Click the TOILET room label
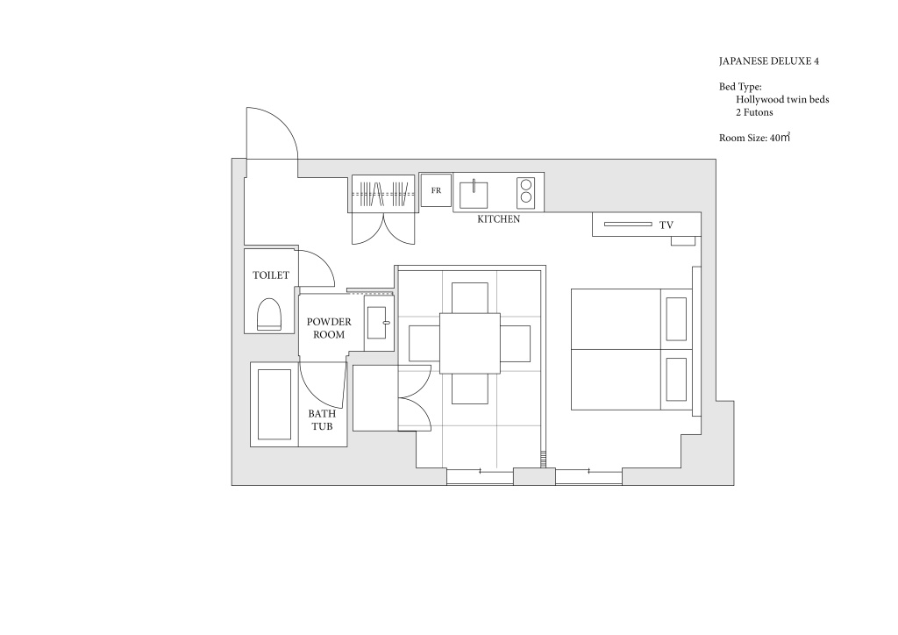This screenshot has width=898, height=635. point(271,275)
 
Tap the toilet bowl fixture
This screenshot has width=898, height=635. point(269,314)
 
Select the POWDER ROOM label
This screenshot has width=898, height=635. point(329,328)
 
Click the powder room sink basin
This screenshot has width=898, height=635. point(378,323)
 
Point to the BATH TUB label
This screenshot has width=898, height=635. point(322,420)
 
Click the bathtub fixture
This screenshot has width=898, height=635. point(274,404)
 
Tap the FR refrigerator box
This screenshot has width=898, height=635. point(436,190)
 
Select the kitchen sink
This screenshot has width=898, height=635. point(474,195)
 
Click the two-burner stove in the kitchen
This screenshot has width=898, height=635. point(526,191)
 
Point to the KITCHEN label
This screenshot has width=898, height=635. point(499,219)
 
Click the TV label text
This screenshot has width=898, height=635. point(666,225)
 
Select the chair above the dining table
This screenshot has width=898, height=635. point(470,297)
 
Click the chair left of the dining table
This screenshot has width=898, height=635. point(424,344)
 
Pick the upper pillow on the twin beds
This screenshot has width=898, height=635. point(676,319)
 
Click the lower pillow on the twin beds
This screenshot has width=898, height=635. point(676,380)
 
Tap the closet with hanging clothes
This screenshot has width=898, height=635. point(383,194)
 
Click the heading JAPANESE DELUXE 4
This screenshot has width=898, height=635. point(768,61)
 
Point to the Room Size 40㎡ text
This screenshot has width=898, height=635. point(755,138)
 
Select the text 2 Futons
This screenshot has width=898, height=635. point(754,112)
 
